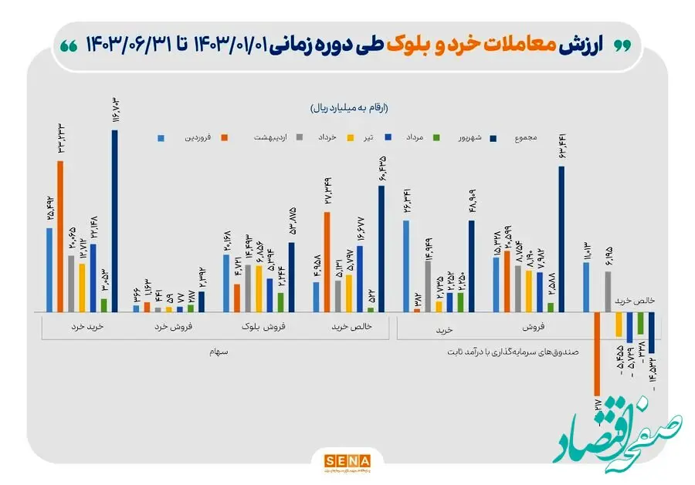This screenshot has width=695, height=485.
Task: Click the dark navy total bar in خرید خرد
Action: pyautogui.click(x=114, y=221)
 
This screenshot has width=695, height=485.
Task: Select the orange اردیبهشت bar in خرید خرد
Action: pyautogui.click(x=60, y=236)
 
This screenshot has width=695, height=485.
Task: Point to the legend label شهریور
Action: pyautogui.click(x=466, y=138)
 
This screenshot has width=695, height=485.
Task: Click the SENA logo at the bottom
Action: pyautogui.click(x=346, y=460)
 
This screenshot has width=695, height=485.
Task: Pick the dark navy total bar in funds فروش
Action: pyautogui.click(x=561, y=239)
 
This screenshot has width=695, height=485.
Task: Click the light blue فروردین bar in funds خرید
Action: pyautogui.click(x=406, y=266)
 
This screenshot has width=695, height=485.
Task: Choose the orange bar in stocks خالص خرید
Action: pyautogui.click(x=327, y=261)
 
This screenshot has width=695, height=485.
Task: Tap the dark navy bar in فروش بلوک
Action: pyautogui.click(x=291, y=277)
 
